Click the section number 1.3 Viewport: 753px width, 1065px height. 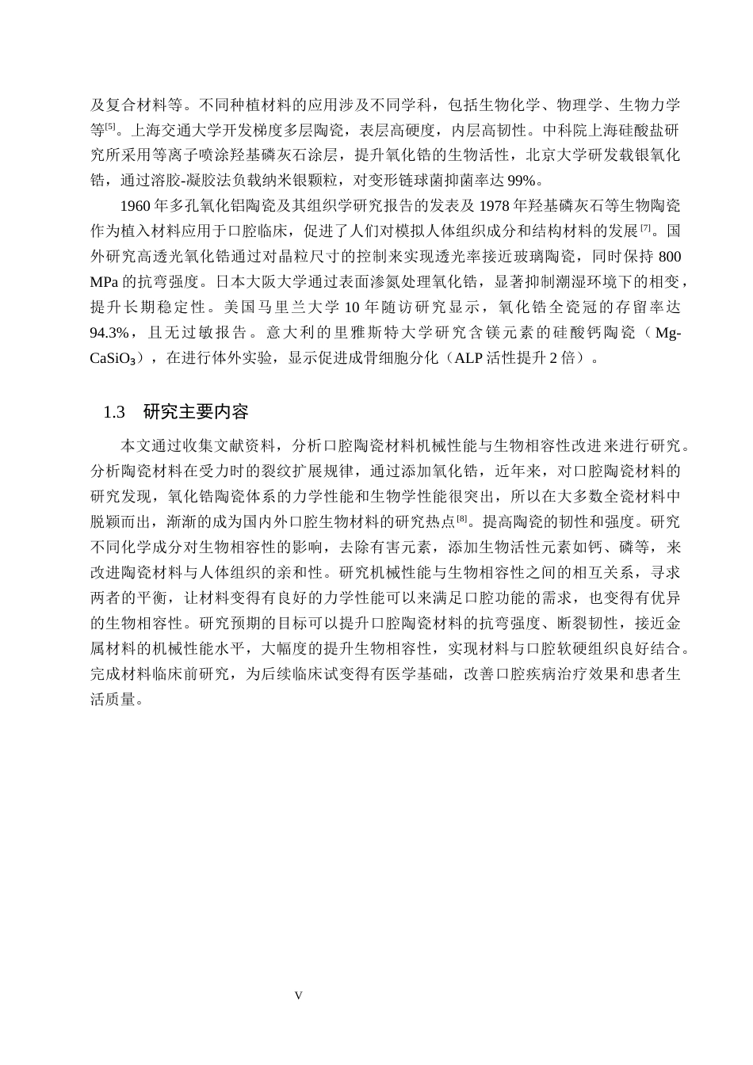pyautogui.click(x=114, y=413)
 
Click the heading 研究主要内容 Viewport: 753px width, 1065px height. pyautogui.click(x=197, y=413)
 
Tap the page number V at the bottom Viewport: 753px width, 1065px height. pyautogui.click(x=298, y=996)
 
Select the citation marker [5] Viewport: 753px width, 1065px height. pyautogui.click(x=110, y=127)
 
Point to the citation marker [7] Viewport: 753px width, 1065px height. pyautogui.click(x=645, y=229)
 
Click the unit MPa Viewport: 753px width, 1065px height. pyautogui.click(x=104, y=282)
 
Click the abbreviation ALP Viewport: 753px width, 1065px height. pyautogui.click(x=468, y=358)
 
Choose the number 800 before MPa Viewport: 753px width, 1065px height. pyautogui.click(x=670, y=257)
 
